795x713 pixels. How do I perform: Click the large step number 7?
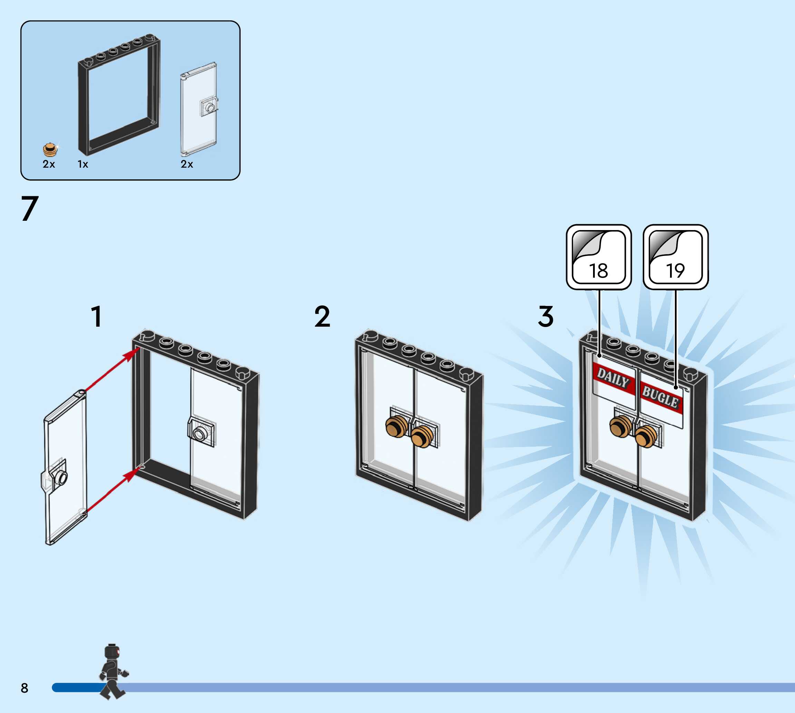click(x=30, y=208)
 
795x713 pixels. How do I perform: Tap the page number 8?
click(x=24, y=688)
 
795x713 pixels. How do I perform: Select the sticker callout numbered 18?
click(x=598, y=257)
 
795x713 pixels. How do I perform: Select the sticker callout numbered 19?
click(x=676, y=257)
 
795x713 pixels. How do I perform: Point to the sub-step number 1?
click(x=96, y=317)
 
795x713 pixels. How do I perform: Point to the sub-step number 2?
click(x=322, y=317)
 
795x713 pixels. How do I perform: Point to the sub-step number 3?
click(x=545, y=317)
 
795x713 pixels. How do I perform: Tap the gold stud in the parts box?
click(x=49, y=150)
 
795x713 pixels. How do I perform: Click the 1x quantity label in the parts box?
click(x=83, y=164)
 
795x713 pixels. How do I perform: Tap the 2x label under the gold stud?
click(x=49, y=164)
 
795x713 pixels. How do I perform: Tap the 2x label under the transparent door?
click(x=187, y=164)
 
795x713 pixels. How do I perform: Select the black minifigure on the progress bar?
click(x=113, y=672)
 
